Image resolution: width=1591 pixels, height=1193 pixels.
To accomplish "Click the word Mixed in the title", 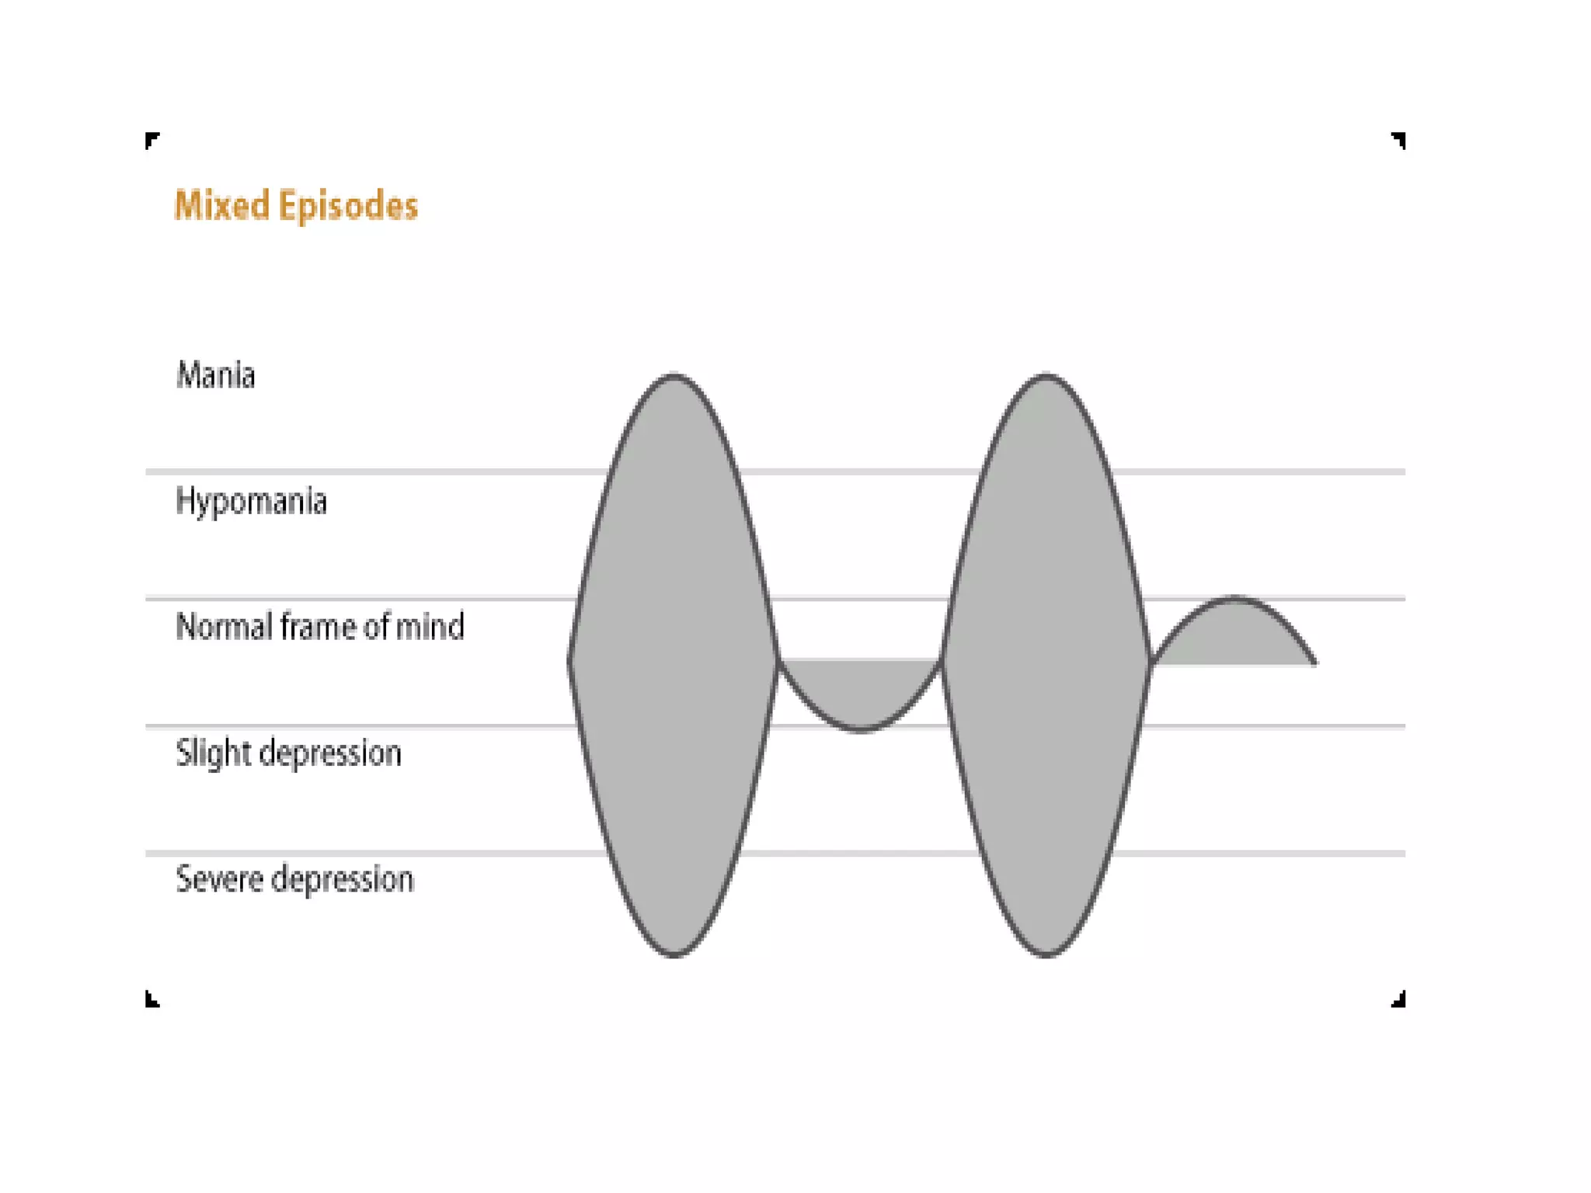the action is (x=221, y=206).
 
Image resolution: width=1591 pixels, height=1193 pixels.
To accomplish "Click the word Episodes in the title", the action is (x=348, y=206).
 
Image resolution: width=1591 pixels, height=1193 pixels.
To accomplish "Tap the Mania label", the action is (x=215, y=375).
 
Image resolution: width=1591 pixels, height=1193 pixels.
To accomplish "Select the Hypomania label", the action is (x=251, y=502).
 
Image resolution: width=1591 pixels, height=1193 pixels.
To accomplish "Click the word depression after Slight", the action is (x=330, y=753).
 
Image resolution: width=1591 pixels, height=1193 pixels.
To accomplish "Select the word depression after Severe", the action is (x=343, y=879).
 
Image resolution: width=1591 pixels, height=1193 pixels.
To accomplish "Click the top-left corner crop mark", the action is (x=152, y=140).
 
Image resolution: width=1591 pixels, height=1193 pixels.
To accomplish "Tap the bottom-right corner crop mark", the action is (x=1398, y=999).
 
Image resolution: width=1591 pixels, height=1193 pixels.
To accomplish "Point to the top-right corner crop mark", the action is (x=1398, y=140).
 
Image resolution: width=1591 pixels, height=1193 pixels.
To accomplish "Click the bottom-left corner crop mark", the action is (x=152, y=999).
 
